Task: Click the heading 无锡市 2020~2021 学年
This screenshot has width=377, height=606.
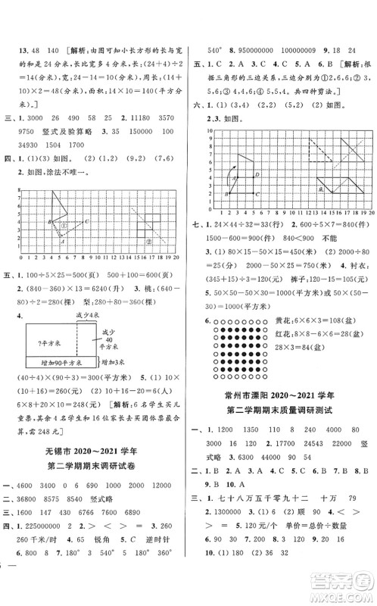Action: click(x=96, y=454)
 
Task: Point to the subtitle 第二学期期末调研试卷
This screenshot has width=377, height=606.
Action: click(x=96, y=473)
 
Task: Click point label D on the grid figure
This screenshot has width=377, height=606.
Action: click(x=258, y=174)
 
